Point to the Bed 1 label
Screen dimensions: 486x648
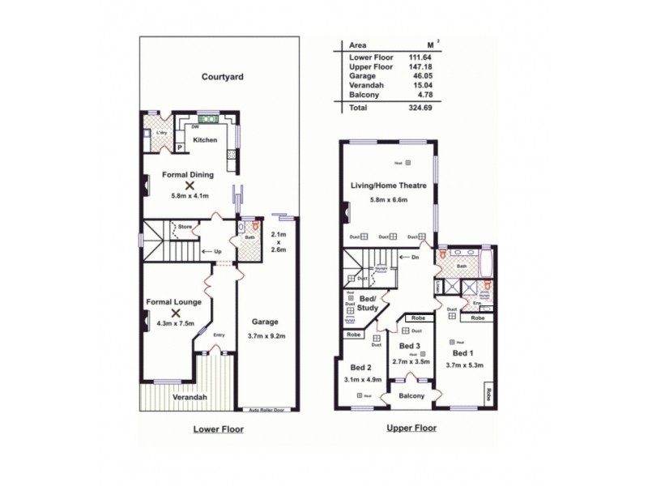(x=463, y=354)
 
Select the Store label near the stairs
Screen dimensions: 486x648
(x=184, y=228)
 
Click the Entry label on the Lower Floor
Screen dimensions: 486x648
(x=218, y=335)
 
